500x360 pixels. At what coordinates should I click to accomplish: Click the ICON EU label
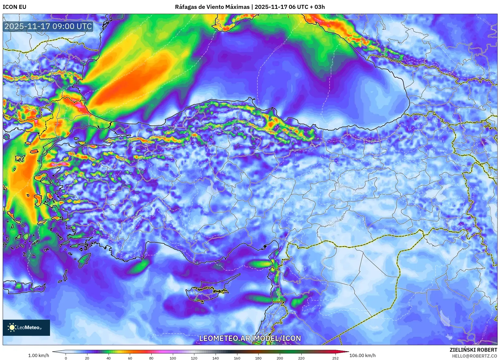[15, 7]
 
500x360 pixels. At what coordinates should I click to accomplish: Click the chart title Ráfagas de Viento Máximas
[212, 7]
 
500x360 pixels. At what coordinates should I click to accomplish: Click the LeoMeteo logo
[26, 327]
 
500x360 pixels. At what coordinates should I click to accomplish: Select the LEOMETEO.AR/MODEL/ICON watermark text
[250, 338]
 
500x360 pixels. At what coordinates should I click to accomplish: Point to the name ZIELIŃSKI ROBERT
[473, 350]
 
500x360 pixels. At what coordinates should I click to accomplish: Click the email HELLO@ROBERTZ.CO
[474, 356]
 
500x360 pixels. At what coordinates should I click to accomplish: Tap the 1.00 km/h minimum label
[39, 355]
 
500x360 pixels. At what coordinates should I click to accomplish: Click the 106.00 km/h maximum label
[362, 355]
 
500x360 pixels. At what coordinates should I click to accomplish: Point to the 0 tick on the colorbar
[66, 358]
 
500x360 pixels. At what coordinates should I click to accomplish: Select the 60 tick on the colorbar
[130, 358]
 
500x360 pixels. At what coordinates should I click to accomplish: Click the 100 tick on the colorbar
[173, 358]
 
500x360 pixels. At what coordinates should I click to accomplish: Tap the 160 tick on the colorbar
[237, 358]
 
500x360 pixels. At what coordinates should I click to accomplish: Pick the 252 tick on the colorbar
[335, 358]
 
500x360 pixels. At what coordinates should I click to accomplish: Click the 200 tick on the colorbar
[280, 358]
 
